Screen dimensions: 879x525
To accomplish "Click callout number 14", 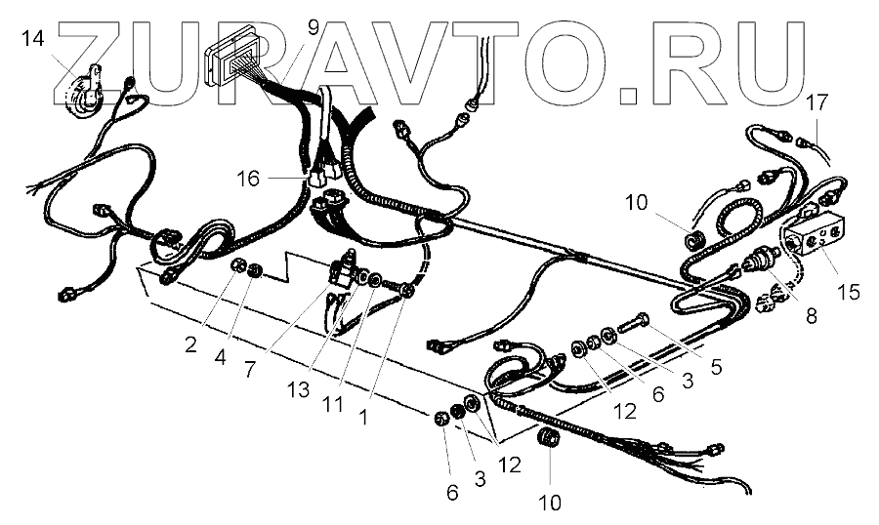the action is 33,39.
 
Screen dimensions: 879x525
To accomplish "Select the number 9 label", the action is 313,26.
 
